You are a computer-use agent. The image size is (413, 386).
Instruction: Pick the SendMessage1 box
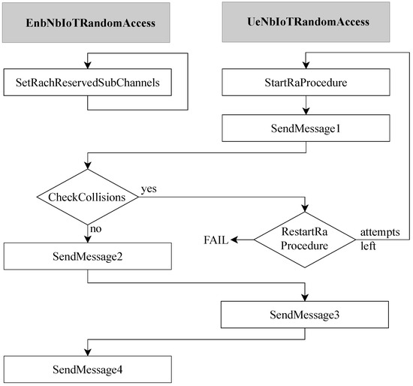[x=307, y=128]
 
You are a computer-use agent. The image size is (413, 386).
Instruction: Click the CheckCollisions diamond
[x=89, y=198]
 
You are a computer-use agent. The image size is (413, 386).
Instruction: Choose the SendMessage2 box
[x=89, y=258]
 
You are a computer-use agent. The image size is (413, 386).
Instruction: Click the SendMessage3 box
[x=307, y=313]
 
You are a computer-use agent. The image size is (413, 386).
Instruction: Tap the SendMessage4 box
[x=89, y=369]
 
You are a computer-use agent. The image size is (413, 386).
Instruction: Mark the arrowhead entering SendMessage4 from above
[x=89, y=352]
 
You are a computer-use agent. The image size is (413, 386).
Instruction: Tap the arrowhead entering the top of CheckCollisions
[x=89, y=172]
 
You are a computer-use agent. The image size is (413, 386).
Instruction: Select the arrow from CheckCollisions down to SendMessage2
[x=89, y=231]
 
